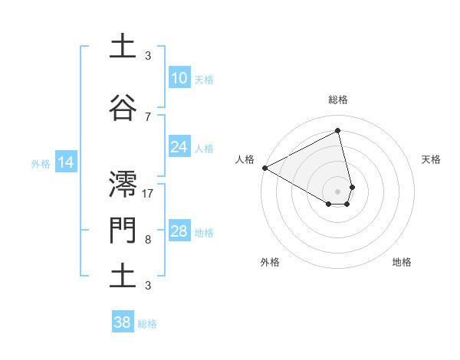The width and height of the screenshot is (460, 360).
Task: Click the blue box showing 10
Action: tap(179, 78)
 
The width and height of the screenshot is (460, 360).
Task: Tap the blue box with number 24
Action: tap(179, 147)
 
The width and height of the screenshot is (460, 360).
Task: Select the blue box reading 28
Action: tap(179, 231)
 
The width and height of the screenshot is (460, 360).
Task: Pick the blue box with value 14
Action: tap(65, 162)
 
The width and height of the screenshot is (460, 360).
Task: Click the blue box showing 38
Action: tap(122, 323)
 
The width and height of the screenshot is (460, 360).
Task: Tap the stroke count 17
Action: tap(148, 193)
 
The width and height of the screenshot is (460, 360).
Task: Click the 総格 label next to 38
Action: tap(147, 324)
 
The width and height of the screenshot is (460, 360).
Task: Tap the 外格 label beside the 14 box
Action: tap(41, 163)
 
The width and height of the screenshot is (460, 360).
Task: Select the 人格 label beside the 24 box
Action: tap(204, 148)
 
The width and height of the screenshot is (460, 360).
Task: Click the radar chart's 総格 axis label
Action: tap(338, 100)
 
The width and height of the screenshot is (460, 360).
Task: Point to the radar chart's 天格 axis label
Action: tap(431, 159)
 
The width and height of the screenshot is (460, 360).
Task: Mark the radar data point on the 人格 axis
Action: tap(264, 167)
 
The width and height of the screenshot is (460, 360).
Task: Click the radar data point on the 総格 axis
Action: tap(338, 131)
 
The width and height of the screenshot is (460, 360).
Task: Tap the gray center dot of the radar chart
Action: tap(338, 190)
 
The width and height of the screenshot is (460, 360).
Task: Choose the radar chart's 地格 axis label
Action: tap(402, 262)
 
